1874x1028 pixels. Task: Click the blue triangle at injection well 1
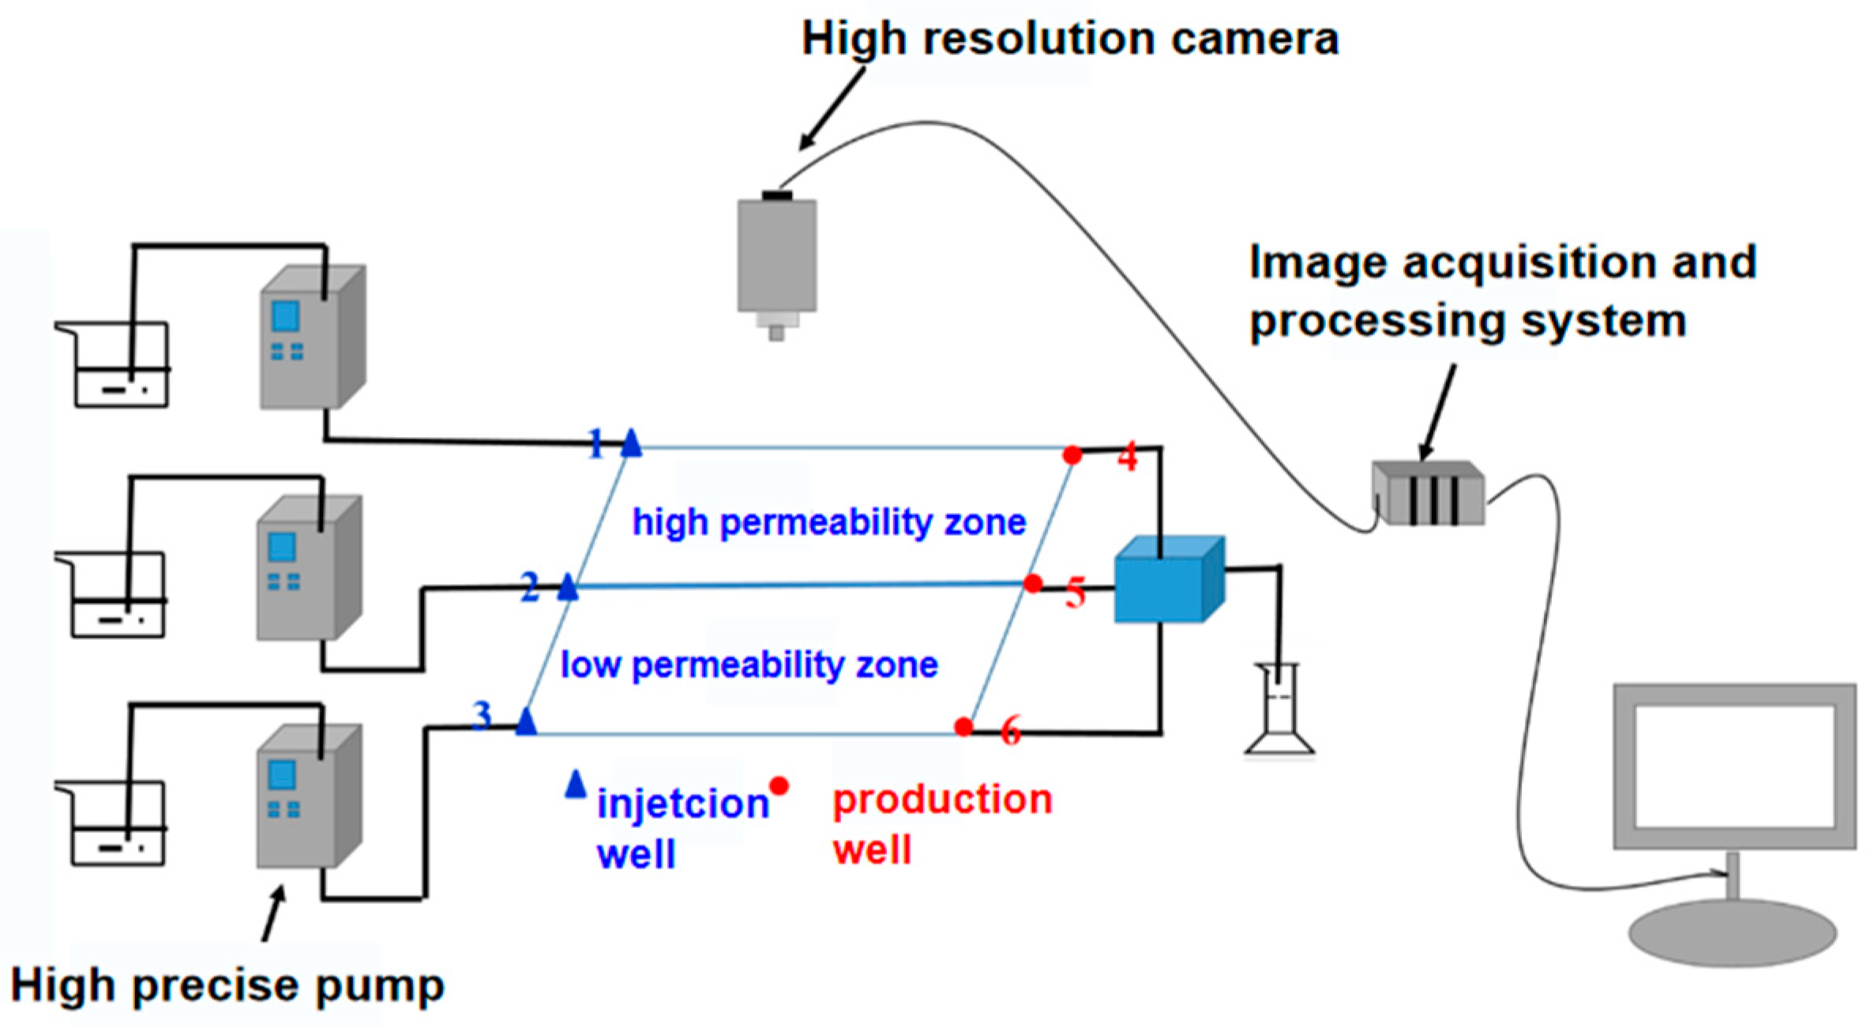(x=631, y=444)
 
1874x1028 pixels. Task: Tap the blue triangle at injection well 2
(x=568, y=588)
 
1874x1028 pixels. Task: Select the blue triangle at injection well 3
(x=526, y=722)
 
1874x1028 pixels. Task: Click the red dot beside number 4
(x=1072, y=455)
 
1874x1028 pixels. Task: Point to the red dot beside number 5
(x=1032, y=584)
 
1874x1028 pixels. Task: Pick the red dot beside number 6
(x=963, y=726)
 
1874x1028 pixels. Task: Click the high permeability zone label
(x=828, y=523)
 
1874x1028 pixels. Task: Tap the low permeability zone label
(x=749, y=665)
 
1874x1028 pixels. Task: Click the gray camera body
(x=776, y=255)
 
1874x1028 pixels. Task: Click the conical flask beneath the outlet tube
(x=1279, y=715)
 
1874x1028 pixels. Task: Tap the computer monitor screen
(x=1733, y=766)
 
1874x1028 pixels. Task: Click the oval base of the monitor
(x=1733, y=933)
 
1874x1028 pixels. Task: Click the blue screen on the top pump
(x=285, y=317)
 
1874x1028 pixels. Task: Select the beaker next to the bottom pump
(x=118, y=826)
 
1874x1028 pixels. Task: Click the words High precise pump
(x=227, y=986)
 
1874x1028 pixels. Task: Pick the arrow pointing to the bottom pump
(x=273, y=913)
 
